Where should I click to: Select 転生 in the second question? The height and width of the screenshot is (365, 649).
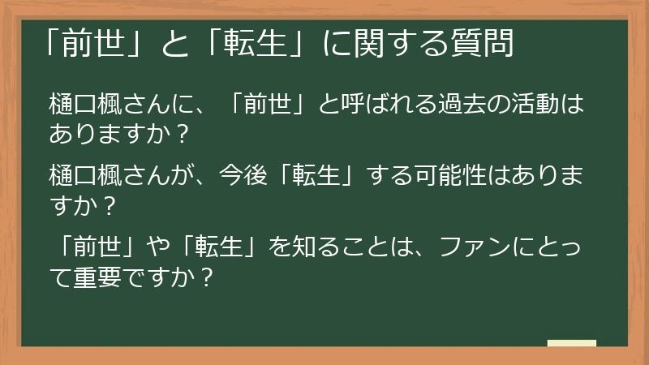[x=322, y=174]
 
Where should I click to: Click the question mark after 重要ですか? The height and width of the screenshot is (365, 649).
[x=208, y=278]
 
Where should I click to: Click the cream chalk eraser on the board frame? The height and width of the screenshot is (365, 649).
[x=571, y=343]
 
